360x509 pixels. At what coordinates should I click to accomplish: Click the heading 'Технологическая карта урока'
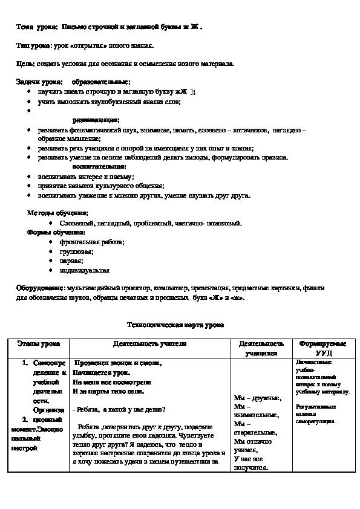[x=175, y=325]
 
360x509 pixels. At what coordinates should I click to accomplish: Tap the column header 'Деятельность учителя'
[x=149, y=343]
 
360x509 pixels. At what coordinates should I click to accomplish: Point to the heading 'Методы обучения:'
[x=57, y=213]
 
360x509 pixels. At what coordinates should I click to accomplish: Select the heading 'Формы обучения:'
[x=56, y=232]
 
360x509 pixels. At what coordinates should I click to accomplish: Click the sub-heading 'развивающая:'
[x=96, y=120]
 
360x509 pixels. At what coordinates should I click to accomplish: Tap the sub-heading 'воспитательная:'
[x=99, y=166]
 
